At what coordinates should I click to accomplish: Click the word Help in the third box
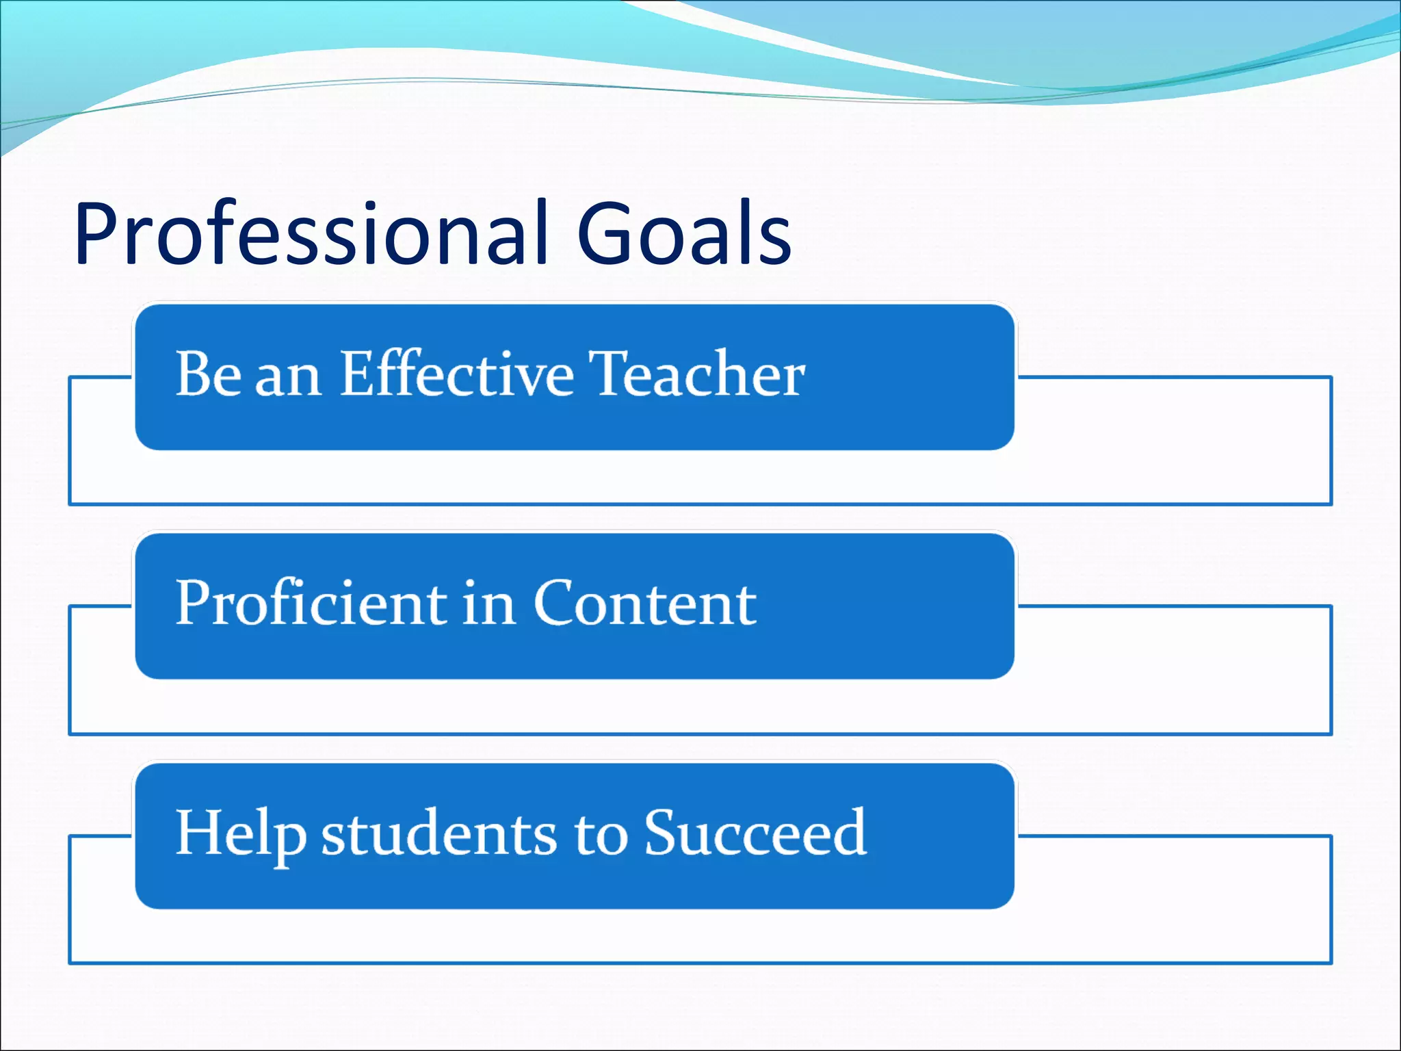239,833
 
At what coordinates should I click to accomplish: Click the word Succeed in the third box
755,833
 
